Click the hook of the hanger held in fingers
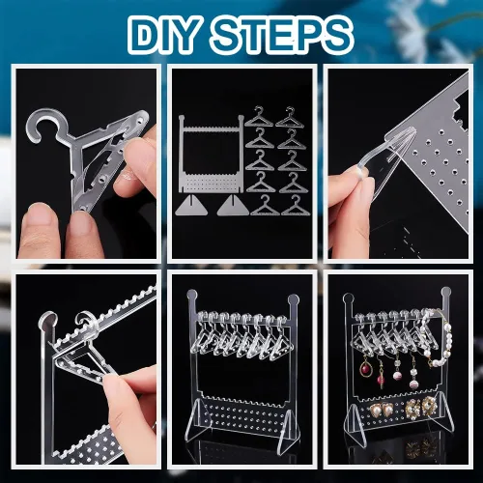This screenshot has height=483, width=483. pos(45,128)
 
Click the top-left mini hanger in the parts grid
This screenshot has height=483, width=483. pos(259,117)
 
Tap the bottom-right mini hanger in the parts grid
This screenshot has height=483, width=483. pos(296,206)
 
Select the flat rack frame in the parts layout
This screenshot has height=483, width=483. pos(211,154)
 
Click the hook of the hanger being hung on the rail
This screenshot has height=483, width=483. pos(86,322)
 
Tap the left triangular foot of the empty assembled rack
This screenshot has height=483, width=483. pos(198,419)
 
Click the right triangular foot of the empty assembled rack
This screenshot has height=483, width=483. pos(288,420)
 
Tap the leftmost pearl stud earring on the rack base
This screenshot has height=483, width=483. pos(376,410)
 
